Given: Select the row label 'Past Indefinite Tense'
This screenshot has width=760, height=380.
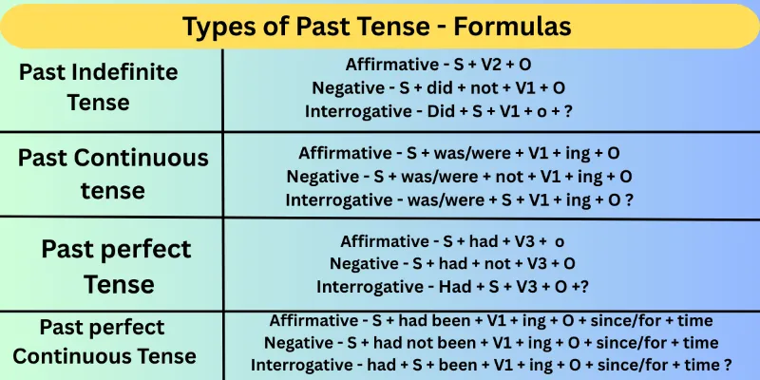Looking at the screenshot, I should [112, 85].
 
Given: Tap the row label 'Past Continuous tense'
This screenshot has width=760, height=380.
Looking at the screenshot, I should [112, 173].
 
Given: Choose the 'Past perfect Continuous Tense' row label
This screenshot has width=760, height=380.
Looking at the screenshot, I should [104, 341].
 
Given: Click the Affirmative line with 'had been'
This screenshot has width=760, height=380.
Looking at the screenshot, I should [491, 321].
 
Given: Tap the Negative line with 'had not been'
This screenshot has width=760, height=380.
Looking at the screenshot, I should [491, 342].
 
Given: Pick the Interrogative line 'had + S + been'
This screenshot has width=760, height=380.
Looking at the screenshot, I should [491, 364].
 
